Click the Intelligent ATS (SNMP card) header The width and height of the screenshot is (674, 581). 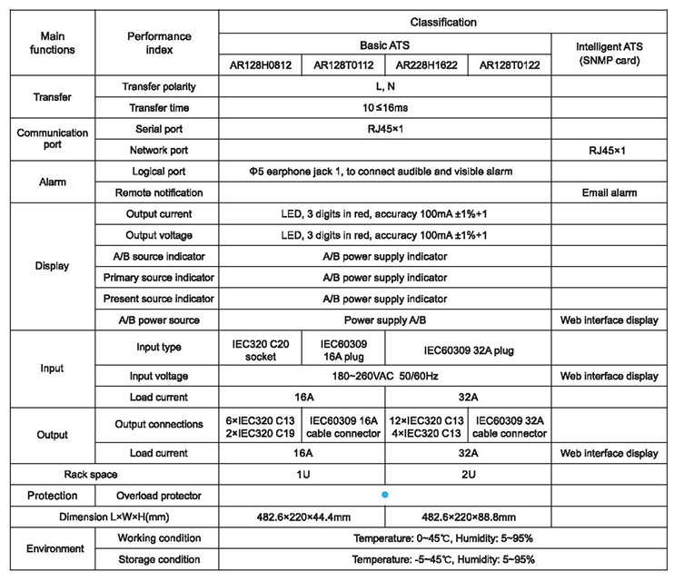tap(609, 52)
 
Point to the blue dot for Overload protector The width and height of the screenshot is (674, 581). tap(385, 495)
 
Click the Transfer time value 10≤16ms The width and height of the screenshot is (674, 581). tap(384, 107)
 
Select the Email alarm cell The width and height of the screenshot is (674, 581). tap(609, 192)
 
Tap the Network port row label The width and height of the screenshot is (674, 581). tap(159, 150)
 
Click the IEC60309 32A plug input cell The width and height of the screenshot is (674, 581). tap(467, 346)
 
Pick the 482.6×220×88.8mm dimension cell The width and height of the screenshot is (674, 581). tap(467, 517)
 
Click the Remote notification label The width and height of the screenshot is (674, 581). tap(159, 192)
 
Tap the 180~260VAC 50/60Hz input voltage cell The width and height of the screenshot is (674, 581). tap(384, 375)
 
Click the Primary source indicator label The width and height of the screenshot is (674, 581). tap(159, 278)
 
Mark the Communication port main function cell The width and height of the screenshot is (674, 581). tap(53, 139)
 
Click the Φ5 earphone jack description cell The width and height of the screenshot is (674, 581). tap(384, 171)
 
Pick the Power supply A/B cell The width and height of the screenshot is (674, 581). tap(384, 320)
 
